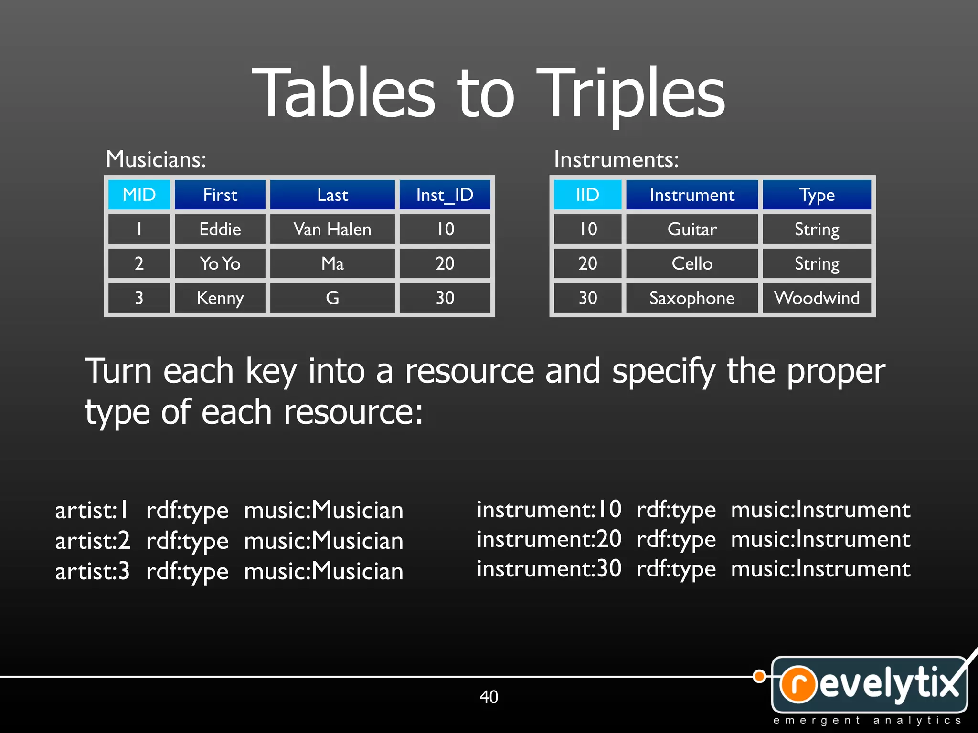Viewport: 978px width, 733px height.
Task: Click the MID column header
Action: (x=139, y=195)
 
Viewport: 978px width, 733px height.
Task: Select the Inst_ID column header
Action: (x=445, y=195)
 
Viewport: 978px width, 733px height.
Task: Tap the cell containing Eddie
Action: (x=220, y=230)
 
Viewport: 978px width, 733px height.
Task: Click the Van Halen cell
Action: (x=332, y=230)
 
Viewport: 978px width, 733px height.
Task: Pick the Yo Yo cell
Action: (x=220, y=263)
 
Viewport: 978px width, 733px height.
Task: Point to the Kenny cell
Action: (x=220, y=298)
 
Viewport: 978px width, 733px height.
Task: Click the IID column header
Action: (x=587, y=195)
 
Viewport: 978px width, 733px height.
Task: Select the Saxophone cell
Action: (x=692, y=298)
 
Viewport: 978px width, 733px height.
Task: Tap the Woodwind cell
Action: (x=817, y=298)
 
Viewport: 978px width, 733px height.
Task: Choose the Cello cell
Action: (x=692, y=263)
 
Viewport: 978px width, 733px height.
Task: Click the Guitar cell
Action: (x=692, y=230)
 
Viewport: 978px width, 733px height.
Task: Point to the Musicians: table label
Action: (x=156, y=159)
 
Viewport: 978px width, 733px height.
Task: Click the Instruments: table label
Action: (x=616, y=159)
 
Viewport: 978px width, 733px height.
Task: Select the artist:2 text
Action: (x=93, y=541)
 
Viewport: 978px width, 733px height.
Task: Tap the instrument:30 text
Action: (x=549, y=568)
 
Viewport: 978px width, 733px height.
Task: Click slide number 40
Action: (x=489, y=697)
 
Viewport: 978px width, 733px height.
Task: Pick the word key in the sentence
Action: (x=271, y=371)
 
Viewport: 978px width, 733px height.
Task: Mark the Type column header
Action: (x=817, y=195)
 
